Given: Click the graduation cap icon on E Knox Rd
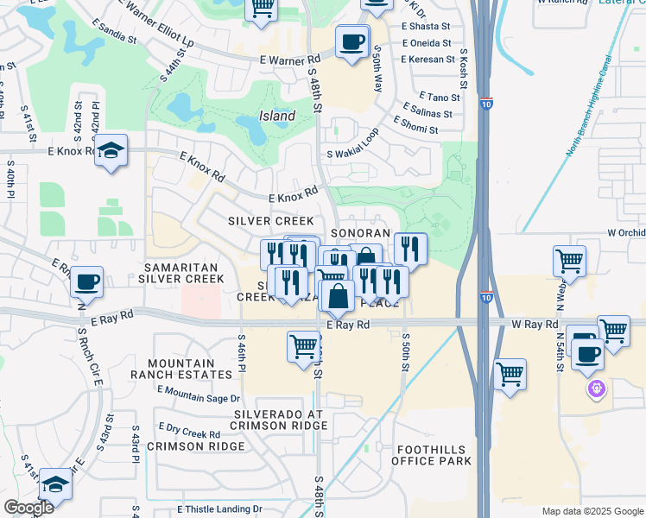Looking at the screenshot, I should pyautogui.click(x=111, y=151).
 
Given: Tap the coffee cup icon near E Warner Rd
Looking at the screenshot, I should pyautogui.click(x=352, y=41).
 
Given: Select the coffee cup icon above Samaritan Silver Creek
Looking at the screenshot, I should pyautogui.click(x=87, y=281).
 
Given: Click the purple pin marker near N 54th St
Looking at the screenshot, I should pyautogui.click(x=595, y=389).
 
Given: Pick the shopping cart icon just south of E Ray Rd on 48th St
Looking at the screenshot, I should pyautogui.click(x=303, y=347).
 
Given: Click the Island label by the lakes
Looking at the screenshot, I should pyautogui.click(x=277, y=116).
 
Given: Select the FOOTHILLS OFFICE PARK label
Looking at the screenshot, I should pyautogui.click(x=434, y=456).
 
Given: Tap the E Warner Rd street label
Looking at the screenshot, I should pyautogui.click(x=290, y=61).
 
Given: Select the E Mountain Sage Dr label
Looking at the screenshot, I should pyautogui.click(x=199, y=398).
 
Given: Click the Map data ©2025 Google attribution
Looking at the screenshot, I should pyautogui.click(x=592, y=511).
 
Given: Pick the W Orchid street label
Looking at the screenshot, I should pyautogui.click(x=625, y=233).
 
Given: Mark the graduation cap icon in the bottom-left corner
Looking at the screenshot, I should pyautogui.click(x=56, y=484).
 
